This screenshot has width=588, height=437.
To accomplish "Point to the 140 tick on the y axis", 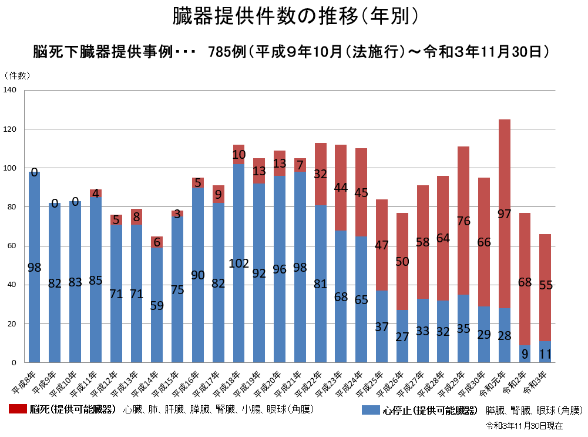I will tap(10, 90).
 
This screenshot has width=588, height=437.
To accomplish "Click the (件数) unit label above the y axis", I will tap(17, 75).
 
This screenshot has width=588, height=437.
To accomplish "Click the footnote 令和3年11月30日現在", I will tap(525, 425).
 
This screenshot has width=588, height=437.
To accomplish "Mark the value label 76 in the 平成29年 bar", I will tap(463, 221).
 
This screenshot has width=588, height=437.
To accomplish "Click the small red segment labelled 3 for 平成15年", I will tap(177, 214).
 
